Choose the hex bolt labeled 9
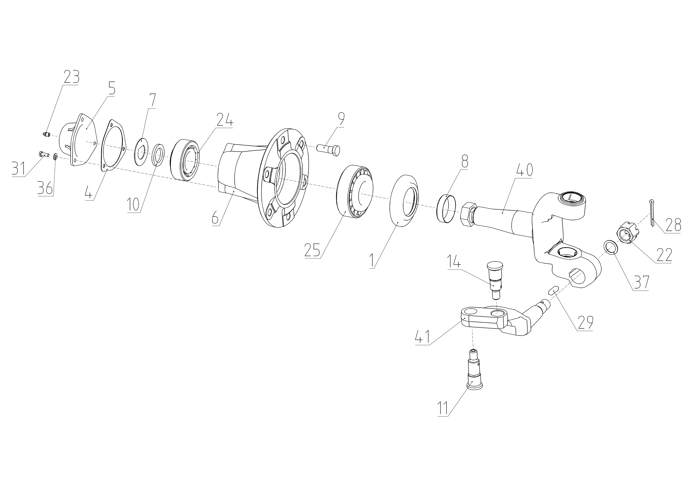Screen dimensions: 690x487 pos(329,150)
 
